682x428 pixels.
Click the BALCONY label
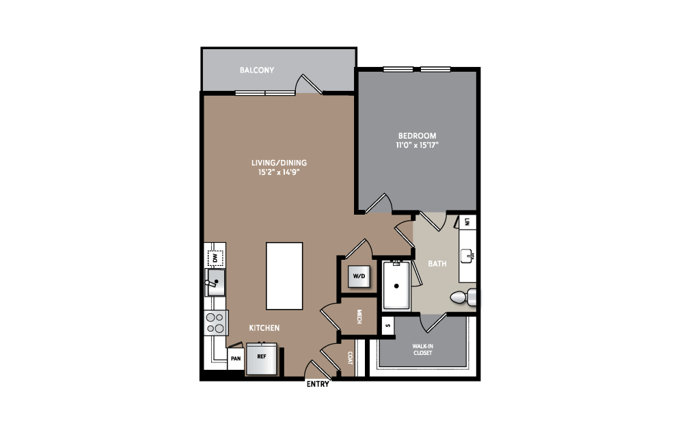(257, 70)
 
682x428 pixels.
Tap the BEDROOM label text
(417, 135)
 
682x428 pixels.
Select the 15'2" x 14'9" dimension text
(279, 172)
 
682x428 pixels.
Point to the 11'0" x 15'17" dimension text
(417, 145)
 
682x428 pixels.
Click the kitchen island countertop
(284, 276)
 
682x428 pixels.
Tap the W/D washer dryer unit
(359, 276)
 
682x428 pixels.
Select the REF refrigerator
(262, 358)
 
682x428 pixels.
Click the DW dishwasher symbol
(215, 258)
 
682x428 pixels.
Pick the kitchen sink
(215, 282)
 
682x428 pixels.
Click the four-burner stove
(216, 323)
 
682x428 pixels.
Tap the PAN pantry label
(236, 359)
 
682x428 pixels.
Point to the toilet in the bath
(463, 297)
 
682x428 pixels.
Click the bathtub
(396, 285)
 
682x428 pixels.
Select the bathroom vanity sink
(467, 256)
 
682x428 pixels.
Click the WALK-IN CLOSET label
(423, 349)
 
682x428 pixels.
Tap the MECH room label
(359, 317)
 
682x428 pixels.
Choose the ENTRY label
(318, 384)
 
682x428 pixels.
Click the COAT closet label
(350, 358)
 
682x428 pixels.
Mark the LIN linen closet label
(467, 222)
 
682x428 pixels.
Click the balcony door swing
(309, 84)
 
